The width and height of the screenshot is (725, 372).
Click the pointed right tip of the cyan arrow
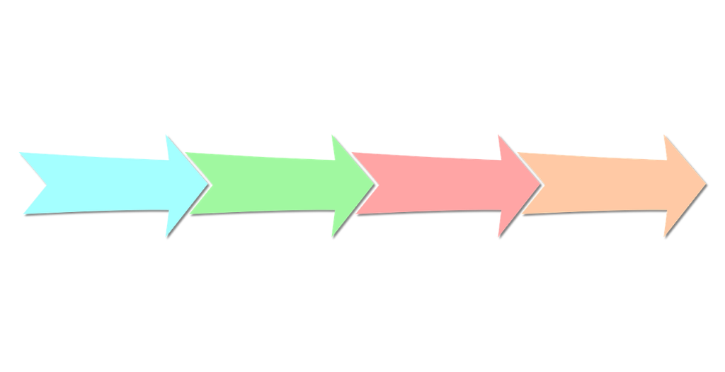point(210,183)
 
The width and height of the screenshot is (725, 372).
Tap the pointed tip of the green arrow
point(376,184)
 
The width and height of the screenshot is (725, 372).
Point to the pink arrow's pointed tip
point(542,185)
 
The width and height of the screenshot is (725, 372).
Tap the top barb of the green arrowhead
point(331,135)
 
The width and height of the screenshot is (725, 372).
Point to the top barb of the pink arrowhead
point(498,135)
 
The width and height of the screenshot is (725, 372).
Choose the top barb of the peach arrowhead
point(663,135)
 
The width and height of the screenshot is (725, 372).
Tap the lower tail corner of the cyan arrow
point(23,213)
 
